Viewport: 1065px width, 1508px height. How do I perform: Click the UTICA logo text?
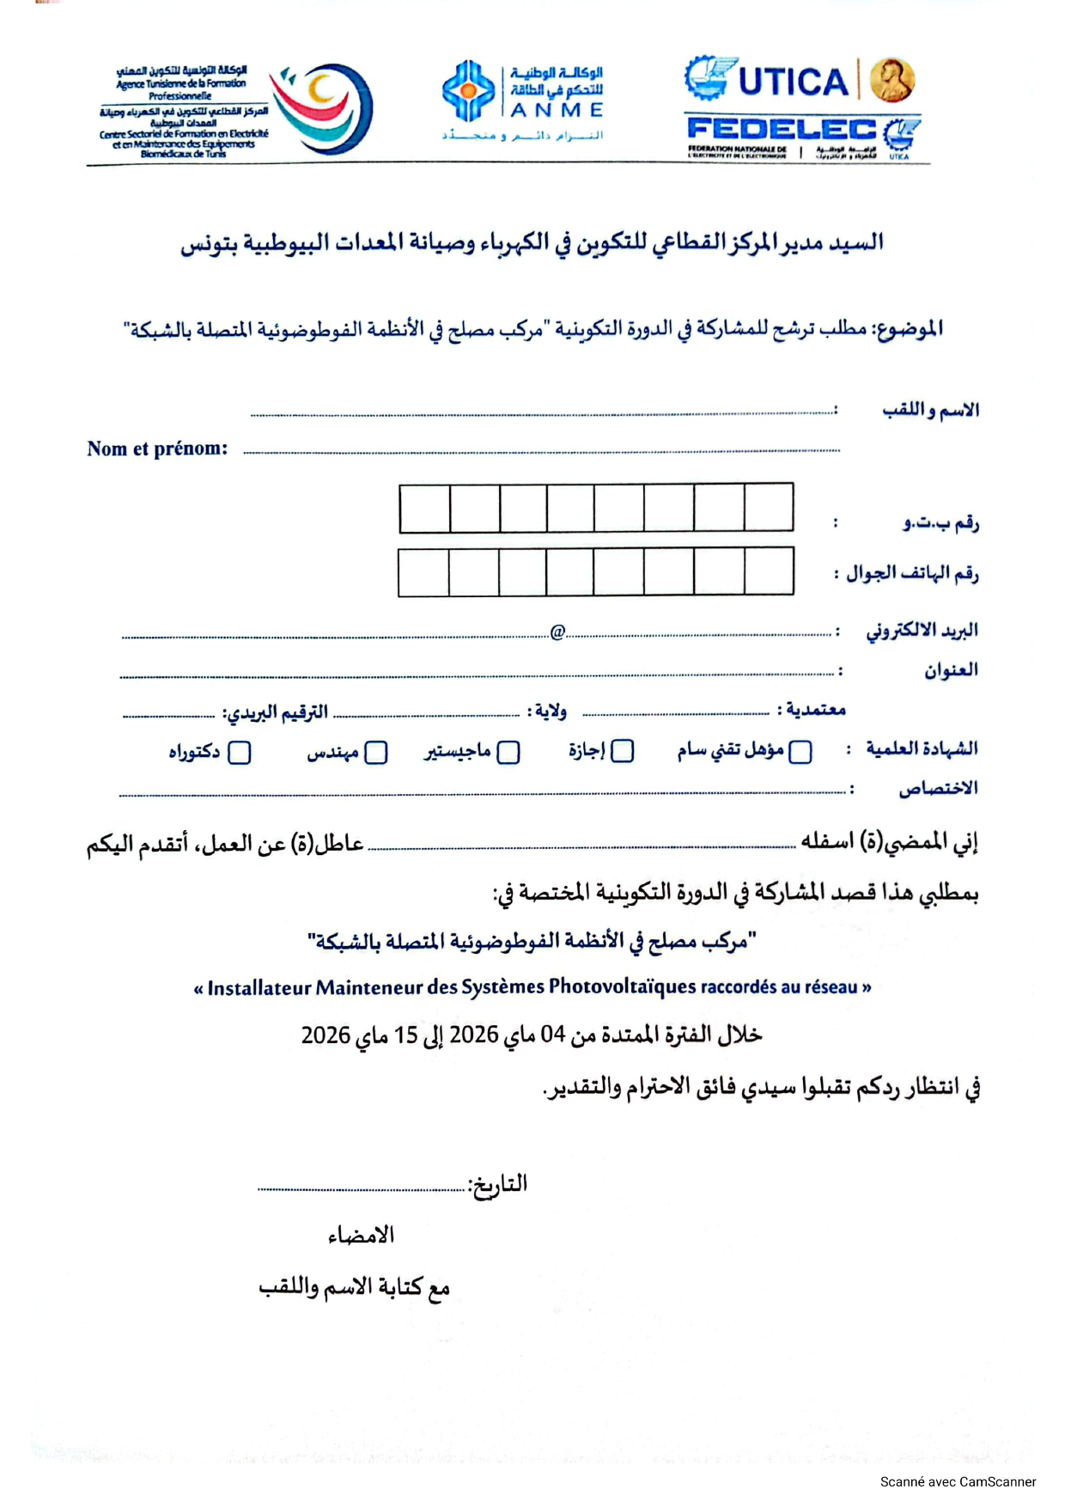[793, 82]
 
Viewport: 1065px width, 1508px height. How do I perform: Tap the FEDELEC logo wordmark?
[782, 130]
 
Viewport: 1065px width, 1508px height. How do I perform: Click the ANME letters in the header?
[557, 111]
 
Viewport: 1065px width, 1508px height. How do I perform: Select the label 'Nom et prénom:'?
[157, 449]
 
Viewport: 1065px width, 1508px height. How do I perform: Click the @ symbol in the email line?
[557, 632]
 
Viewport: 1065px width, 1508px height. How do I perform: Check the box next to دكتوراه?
[240, 753]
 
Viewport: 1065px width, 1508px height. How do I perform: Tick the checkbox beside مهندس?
[376, 753]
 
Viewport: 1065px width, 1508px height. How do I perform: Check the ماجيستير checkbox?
[508, 753]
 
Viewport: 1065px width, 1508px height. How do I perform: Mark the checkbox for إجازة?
[623, 751]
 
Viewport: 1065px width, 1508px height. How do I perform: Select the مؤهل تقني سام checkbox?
[800, 752]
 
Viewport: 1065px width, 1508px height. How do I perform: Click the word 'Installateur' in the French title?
[259, 988]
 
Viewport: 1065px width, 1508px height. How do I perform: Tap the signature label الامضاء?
[361, 1236]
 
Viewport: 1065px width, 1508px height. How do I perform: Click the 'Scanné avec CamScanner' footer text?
[958, 1481]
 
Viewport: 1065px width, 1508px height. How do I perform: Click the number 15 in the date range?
[405, 1035]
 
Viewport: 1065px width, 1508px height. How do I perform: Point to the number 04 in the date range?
[552, 1035]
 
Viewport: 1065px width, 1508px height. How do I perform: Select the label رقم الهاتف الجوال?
[912, 573]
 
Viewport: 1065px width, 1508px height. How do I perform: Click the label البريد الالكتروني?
[922, 632]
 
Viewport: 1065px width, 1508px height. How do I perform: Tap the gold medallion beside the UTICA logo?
[892, 81]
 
